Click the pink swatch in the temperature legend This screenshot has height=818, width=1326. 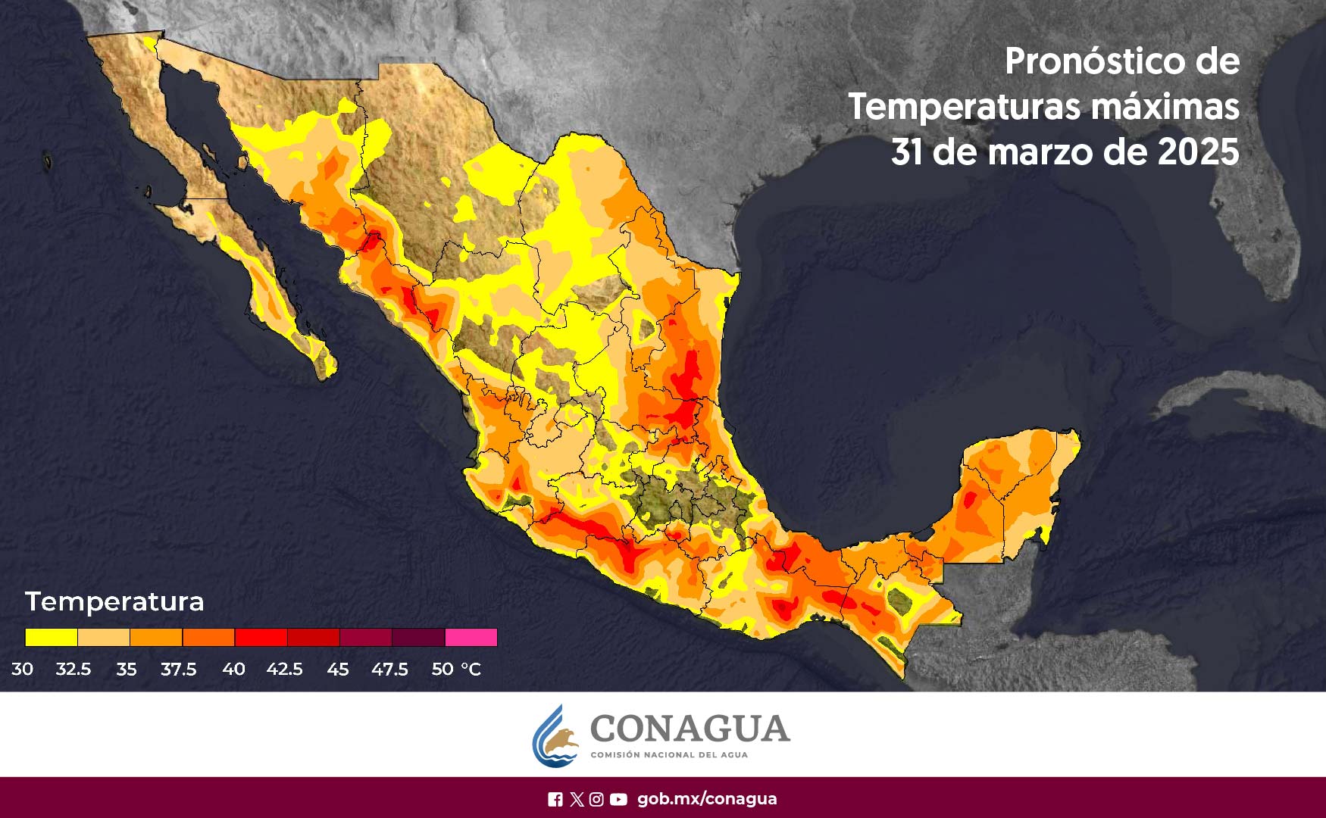point(471,637)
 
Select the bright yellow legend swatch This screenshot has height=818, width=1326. point(51,637)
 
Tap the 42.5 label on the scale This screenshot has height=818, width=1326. point(284,670)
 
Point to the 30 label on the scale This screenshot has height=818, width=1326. point(22,670)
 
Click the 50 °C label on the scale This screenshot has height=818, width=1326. point(455,670)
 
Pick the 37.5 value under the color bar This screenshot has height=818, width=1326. point(178,670)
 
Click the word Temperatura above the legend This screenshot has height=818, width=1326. point(114,601)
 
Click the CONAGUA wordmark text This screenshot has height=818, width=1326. point(690,729)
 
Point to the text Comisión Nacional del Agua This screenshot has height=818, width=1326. point(668,755)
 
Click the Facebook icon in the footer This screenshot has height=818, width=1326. point(555,799)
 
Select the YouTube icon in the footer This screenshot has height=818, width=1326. point(618,799)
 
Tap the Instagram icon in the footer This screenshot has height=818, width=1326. point(596,799)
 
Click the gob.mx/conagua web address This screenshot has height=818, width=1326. point(707,799)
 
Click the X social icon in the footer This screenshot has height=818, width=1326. point(577,799)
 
